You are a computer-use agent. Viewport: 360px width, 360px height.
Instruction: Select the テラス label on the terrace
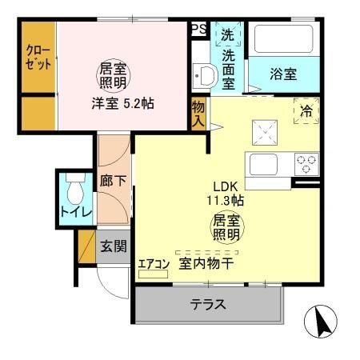[206, 304]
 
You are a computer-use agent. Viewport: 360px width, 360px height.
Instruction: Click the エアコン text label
[153, 262]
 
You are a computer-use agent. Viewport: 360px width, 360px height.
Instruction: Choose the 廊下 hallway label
[112, 180]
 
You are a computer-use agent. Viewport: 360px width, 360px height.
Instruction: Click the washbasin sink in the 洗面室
[205, 77]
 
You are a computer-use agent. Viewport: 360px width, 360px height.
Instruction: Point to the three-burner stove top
[306, 163]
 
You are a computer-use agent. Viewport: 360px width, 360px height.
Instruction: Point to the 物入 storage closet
[198, 113]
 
